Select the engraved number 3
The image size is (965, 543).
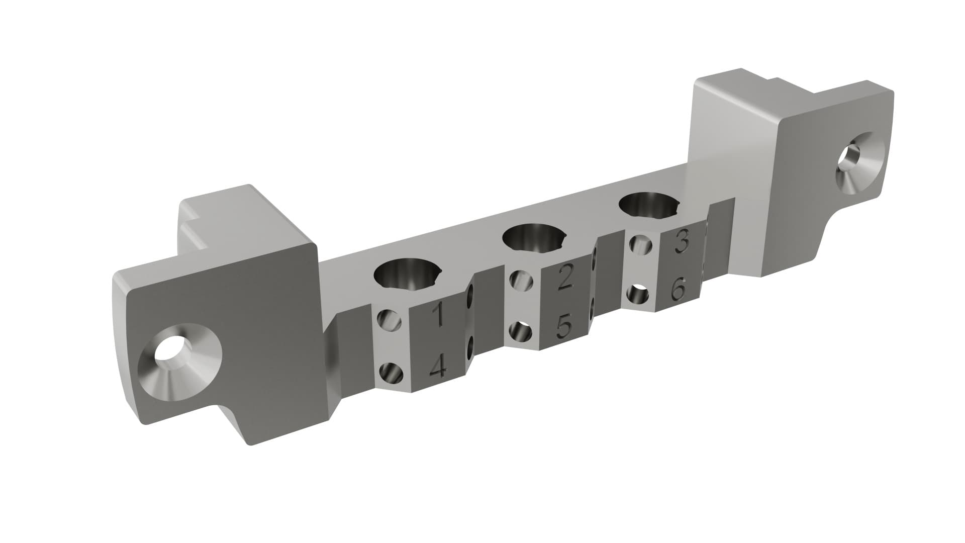pos(681,243)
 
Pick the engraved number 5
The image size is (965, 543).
pos(564,327)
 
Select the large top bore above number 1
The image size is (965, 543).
pos(406,275)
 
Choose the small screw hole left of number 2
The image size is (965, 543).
pos(521,280)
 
